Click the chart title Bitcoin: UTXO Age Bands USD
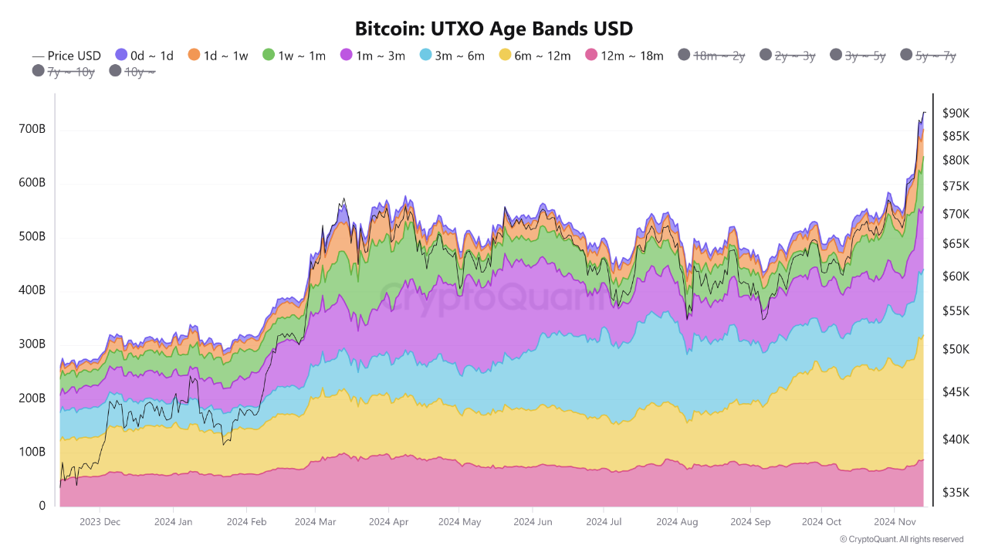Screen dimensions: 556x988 pyautogui.click(x=494, y=29)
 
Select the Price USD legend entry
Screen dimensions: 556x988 pyautogui.click(x=66, y=56)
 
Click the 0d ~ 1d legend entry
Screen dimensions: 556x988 pyautogui.click(x=144, y=56)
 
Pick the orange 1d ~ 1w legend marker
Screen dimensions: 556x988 pyautogui.click(x=194, y=55)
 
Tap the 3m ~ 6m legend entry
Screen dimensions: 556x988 pyautogui.click(x=452, y=56)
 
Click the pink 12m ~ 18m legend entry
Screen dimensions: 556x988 pyautogui.click(x=624, y=56)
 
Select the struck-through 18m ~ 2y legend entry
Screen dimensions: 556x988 pyautogui.click(x=711, y=56)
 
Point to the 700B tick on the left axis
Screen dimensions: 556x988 pyautogui.click(x=32, y=129)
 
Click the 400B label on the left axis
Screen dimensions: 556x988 pyautogui.click(x=32, y=291)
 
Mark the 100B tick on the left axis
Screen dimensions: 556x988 pyautogui.click(x=32, y=452)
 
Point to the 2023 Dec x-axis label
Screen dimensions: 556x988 pyautogui.click(x=100, y=522)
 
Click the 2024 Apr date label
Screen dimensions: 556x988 pyautogui.click(x=388, y=522)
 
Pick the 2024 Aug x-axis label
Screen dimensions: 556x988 pyautogui.click(x=677, y=522)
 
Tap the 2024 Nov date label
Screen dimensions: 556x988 pyautogui.click(x=894, y=522)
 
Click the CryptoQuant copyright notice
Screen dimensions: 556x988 pyautogui.click(x=902, y=539)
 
